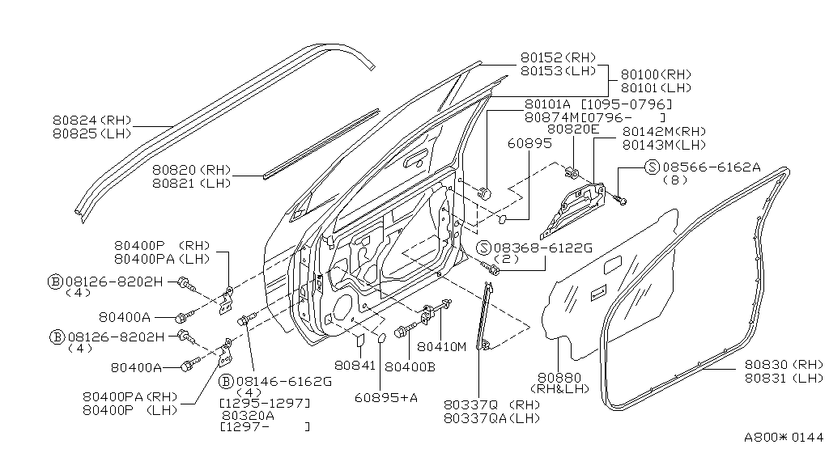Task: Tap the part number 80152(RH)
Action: (x=557, y=57)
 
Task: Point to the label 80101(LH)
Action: (x=657, y=87)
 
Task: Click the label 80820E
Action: (x=572, y=129)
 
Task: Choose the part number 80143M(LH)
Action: (x=664, y=145)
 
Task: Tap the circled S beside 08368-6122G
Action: (x=483, y=248)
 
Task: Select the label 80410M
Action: (x=442, y=348)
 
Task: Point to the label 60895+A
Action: (x=385, y=398)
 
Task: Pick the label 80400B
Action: (x=410, y=366)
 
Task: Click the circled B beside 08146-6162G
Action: (x=225, y=381)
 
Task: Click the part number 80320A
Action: (x=247, y=414)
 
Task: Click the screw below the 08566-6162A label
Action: (x=621, y=198)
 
